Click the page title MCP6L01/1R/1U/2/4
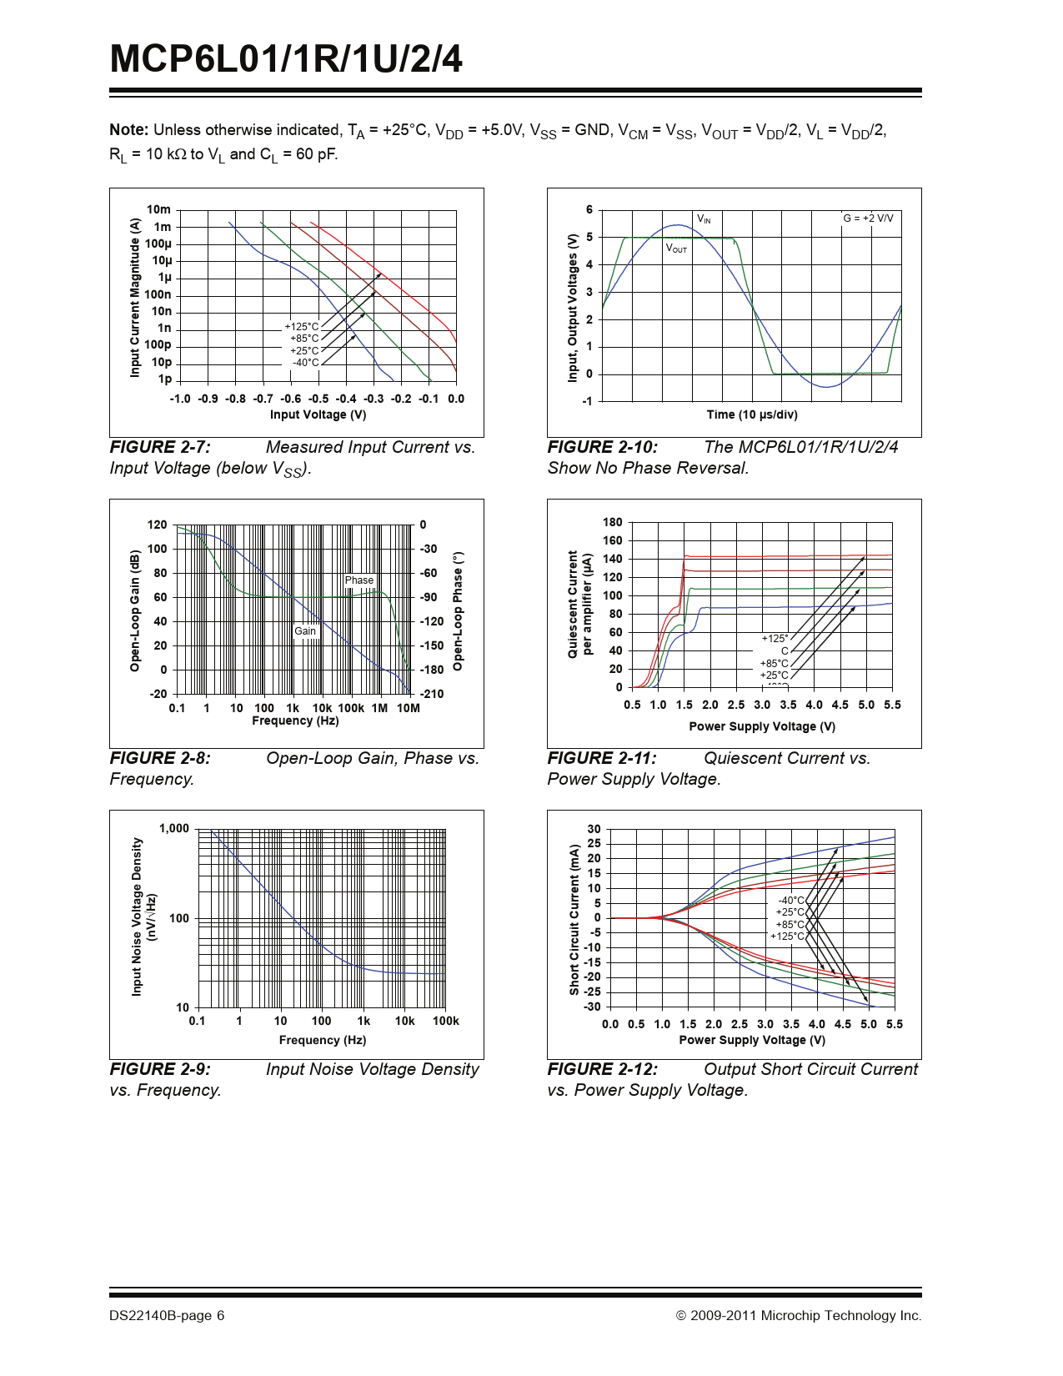click(286, 59)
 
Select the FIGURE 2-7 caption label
click(160, 448)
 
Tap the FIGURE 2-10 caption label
click(602, 448)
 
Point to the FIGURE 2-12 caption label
click(602, 1070)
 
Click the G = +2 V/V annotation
click(868, 218)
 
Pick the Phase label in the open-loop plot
click(359, 580)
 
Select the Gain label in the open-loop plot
click(305, 631)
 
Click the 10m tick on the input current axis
click(158, 210)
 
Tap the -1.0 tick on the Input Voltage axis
click(180, 399)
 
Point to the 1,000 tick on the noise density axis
click(174, 829)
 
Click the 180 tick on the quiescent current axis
click(613, 523)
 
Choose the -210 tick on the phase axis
click(432, 694)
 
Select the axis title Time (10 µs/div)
click(752, 415)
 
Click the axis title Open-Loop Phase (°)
click(458, 610)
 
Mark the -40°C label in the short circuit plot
click(791, 901)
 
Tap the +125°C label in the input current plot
click(302, 327)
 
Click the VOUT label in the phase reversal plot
click(676, 249)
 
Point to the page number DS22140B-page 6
click(167, 1316)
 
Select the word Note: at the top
click(129, 130)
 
